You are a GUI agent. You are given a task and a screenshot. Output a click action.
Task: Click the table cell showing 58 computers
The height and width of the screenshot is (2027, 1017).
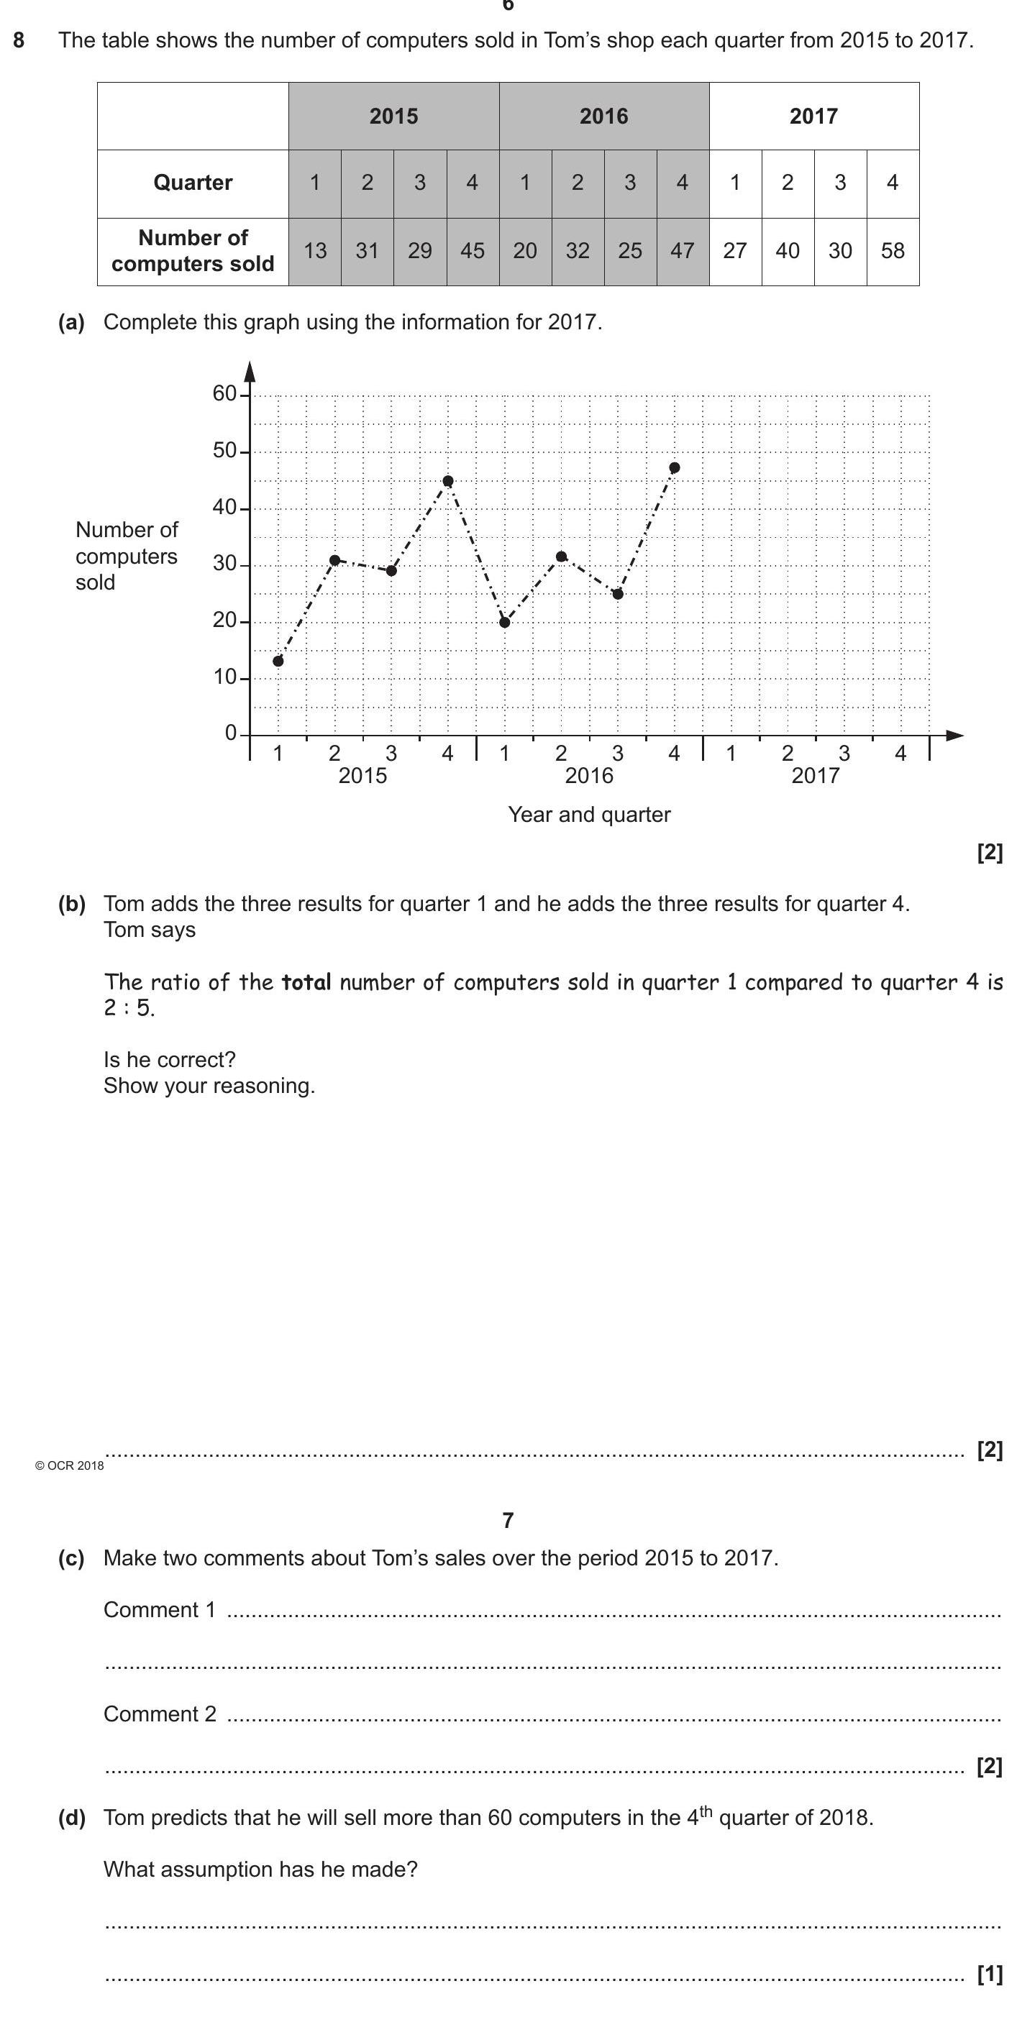(x=892, y=251)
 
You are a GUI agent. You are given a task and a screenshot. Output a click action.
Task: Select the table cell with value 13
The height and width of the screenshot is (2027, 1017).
(x=315, y=251)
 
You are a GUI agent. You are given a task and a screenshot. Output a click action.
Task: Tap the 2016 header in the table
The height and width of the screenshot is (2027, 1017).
(x=603, y=116)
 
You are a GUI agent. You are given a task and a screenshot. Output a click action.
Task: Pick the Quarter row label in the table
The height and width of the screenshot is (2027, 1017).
(x=193, y=183)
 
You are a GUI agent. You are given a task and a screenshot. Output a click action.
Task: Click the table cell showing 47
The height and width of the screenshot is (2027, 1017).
(x=682, y=251)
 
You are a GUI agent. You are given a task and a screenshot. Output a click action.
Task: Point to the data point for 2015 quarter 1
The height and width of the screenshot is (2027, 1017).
(x=278, y=661)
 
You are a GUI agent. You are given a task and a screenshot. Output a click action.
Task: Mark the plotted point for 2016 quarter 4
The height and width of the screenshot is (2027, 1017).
(x=674, y=468)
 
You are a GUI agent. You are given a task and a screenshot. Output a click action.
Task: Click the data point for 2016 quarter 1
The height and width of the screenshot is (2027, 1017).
(x=505, y=623)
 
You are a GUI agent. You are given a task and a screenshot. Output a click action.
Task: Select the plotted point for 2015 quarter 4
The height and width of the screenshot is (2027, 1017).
(x=448, y=481)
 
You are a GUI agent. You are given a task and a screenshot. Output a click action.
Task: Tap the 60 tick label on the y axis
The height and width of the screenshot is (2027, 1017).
(x=224, y=393)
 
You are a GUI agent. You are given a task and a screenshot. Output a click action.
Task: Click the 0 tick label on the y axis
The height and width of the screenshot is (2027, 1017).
(x=231, y=733)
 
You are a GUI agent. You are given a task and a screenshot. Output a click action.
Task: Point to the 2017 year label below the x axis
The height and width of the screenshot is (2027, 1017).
(x=815, y=776)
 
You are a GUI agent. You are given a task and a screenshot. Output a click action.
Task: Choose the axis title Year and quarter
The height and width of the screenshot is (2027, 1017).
(x=589, y=815)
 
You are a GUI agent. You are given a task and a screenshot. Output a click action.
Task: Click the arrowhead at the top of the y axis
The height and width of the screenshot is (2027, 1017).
(x=250, y=372)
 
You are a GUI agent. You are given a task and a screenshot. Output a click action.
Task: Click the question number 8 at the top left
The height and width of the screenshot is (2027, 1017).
(x=19, y=40)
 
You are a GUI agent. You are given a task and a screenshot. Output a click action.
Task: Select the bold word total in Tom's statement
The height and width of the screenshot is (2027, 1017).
(x=306, y=982)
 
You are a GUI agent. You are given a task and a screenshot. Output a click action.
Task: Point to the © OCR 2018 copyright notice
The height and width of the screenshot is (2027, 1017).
(x=69, y=1466)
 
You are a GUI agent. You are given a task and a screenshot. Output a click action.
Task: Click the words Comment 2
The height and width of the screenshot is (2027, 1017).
(x=160, y=1713)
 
